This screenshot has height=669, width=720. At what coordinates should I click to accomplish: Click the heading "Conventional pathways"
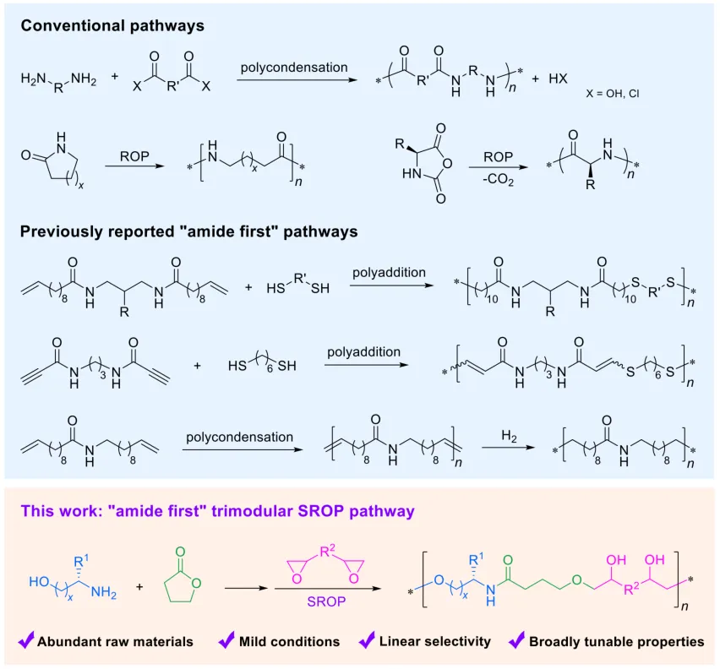(x=112, y=25)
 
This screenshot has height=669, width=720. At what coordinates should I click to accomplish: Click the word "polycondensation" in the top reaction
(x=294, y=68)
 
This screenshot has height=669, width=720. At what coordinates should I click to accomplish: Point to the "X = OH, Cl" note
(x=613, y=94)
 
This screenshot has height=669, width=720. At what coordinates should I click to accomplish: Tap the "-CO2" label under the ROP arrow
(x=498, y=179)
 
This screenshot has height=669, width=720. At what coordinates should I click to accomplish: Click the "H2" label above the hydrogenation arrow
(x=509, y=436)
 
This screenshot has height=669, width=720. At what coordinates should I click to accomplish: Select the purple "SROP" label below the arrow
(x=326, y=601)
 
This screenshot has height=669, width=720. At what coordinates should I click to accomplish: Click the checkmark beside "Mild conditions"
(x=226, y=639)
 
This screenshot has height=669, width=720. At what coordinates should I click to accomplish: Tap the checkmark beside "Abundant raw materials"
(x=26, y=639)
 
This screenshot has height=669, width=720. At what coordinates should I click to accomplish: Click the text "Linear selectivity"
(x=434, y=641)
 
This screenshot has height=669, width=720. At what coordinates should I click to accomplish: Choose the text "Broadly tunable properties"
(x=616, y=641)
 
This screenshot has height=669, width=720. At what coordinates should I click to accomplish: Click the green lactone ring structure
(x=182, y=583)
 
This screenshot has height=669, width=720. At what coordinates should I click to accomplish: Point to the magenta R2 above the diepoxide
(x=327, y=551)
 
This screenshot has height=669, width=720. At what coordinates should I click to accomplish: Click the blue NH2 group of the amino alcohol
(x=104, y=592)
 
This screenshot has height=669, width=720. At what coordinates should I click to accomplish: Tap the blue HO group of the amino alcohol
(x=39, y=582)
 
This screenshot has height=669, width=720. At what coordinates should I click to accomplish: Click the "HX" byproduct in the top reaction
(x=558, y=79)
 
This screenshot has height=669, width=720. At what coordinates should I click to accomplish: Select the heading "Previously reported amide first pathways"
(x=188, y=231)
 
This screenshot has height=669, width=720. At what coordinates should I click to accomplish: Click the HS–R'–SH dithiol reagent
(x=298, y=285)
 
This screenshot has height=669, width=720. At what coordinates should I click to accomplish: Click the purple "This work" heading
(x=217, y=511)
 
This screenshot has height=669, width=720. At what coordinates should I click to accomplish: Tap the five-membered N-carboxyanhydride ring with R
(x=426, y=164)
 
